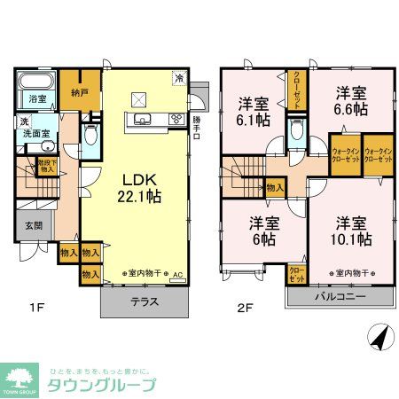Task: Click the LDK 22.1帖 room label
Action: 138,184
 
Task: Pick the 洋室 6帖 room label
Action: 258,230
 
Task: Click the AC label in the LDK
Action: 178,275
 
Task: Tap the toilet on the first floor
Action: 90,134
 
